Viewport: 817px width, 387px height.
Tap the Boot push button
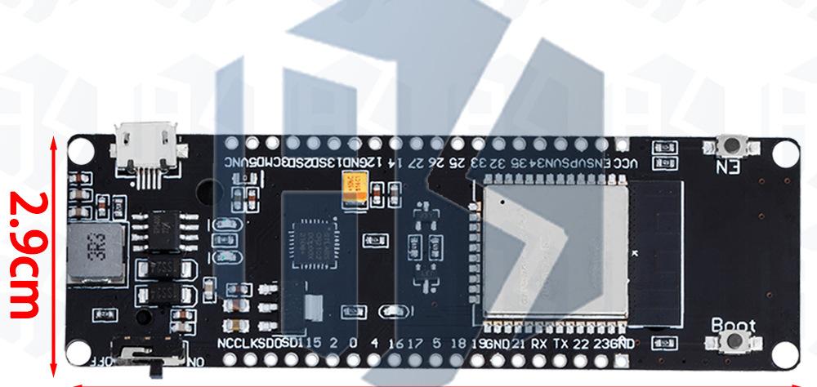[739, 349]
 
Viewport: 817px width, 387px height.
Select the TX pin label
[560, 343]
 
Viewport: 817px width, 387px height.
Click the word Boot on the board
[733, 325]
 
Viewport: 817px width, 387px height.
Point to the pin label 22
[581, 343]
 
